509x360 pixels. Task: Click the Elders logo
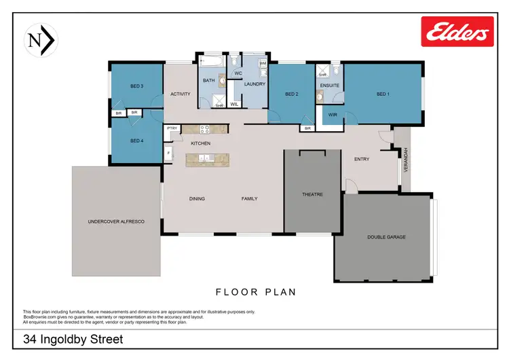coord(457,32)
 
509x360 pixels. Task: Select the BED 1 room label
coord(383,94)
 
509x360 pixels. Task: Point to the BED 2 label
coord(292,94)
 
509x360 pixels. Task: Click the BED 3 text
coord(137,86)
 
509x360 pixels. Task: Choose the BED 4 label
coord(137,141)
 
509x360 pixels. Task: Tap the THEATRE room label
coord(312,194)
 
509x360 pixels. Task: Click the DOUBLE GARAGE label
coord(386,237)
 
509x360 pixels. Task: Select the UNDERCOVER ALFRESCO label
coord(116,222)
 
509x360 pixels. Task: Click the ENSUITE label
coord(328,86)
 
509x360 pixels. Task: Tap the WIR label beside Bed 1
coord(333,115)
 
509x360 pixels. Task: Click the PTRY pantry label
coord(172,128)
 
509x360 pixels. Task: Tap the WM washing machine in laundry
coord(263,63)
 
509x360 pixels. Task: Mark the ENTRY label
coord(362,159)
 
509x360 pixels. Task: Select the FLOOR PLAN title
coord(255,292)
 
